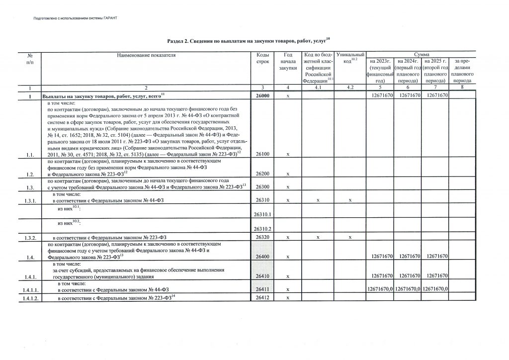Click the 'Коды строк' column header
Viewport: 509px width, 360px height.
262,58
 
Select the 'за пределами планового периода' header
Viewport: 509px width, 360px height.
462,70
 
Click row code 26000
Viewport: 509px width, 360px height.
262,95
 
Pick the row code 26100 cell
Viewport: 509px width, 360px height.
262,155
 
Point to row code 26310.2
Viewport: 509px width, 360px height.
262,228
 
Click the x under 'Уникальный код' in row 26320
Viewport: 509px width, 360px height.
350,237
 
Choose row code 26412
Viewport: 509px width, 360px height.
262,298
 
